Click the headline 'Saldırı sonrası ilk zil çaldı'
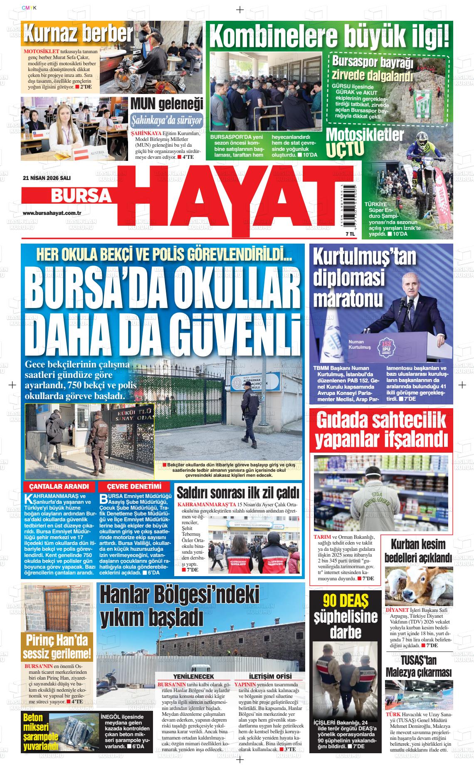(x=238, y=493)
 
